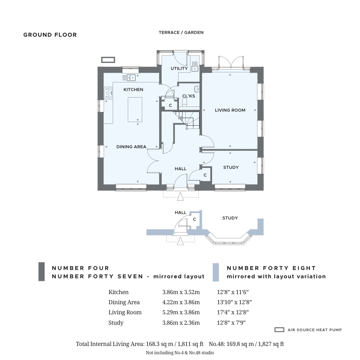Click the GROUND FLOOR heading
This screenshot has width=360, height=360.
pos(50,35)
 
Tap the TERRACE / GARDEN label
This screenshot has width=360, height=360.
pos(181,32)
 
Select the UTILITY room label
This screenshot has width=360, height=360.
pos(179,68)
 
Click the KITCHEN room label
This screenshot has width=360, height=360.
pos(134,90)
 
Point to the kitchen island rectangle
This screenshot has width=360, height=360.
pos(135,109)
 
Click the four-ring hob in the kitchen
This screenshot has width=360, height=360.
pos(108,93)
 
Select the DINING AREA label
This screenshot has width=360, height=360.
pos(131,147)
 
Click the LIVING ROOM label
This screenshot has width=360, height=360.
pos(230,110)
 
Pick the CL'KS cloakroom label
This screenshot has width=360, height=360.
pos(189,96)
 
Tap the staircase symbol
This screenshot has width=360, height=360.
pos(186,120)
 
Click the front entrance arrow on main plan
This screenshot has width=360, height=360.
pos(180,197)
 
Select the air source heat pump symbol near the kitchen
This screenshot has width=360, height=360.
pos(108,60)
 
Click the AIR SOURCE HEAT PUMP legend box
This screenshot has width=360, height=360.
pos(279,330)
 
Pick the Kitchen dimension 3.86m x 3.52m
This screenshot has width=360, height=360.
pos(181,292)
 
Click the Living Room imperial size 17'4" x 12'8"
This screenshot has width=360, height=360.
pos(233,312)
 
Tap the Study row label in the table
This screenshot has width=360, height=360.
pos(116,323)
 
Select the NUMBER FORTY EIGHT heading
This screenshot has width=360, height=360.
pos(271,268)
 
